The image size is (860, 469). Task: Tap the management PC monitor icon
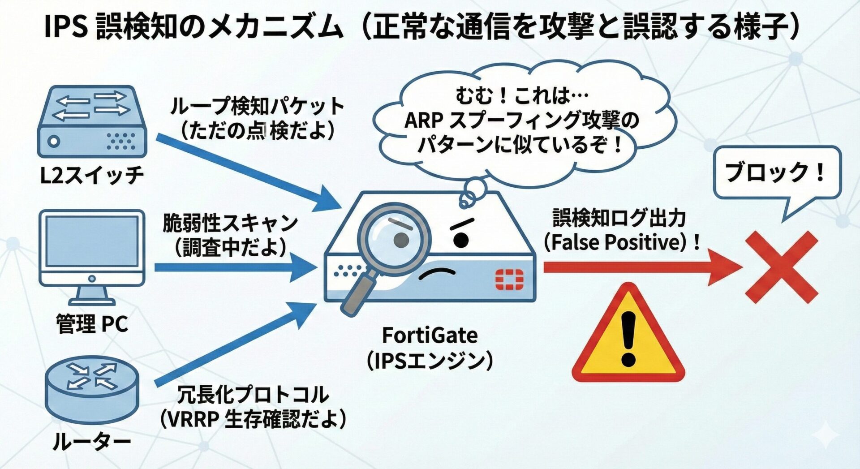(92, 249)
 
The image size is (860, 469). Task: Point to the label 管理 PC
(92, 323)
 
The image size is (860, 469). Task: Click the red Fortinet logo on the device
(509, 280)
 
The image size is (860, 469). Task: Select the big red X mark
(782, 267)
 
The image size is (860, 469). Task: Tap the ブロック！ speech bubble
(776, 173)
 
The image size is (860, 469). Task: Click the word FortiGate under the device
(430, 335)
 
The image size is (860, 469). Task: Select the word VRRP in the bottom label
(193, 419)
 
